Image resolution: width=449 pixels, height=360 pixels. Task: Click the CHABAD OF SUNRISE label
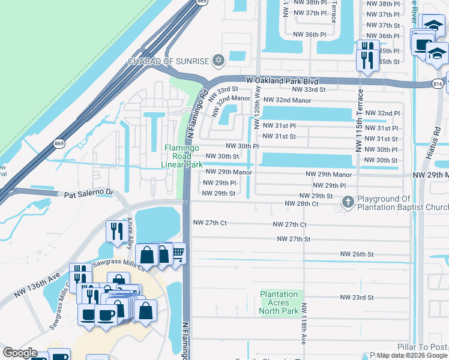168,61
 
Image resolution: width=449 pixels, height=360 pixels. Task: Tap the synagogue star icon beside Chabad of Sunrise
218,61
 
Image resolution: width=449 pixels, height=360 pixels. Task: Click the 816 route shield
438,85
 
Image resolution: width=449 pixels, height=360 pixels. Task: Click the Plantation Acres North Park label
279,302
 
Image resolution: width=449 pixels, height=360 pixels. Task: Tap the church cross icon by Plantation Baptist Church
348,203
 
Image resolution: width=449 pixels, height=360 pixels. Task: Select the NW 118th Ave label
304,323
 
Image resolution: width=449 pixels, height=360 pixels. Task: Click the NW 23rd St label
357,297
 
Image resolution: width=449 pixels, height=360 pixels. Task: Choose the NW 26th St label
357,254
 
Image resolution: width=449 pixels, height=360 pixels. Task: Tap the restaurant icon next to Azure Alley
114,230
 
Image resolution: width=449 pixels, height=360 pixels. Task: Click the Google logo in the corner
20,352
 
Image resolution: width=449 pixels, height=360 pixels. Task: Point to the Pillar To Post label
423,347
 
